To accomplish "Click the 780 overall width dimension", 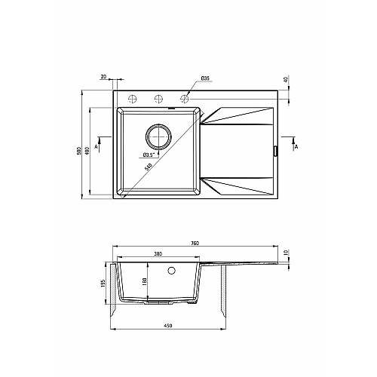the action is pyautogui.click(x=195, y=243).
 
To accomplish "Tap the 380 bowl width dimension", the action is pyautogui.click(x=158, y=254).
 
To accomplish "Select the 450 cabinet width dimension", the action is pyautogui.click(x=168, y=326).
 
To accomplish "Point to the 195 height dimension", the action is pyautogui.click(x=103, y=284).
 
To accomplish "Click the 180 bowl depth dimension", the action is pyautogui.click(x=145, y=282).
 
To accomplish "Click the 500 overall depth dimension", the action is pyautogui.click(x=79, y=150).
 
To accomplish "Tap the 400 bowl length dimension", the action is pyautogui.click(x=87, y=150).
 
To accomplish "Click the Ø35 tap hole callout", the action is pyautogui.click(x=205, y=78).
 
